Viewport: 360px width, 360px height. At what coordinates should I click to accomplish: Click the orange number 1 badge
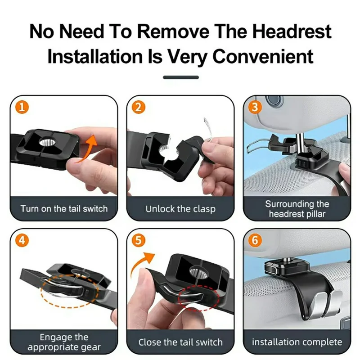22,107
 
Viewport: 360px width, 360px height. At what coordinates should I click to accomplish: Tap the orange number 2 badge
139,107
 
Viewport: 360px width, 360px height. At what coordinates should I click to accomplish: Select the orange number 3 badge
255,107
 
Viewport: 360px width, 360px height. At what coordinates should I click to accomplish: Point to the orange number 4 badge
22,240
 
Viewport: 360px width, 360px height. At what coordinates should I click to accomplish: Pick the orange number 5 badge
139,240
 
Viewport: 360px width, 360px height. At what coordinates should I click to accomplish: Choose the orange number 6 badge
255,240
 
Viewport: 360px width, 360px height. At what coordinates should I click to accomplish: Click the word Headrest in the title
292,31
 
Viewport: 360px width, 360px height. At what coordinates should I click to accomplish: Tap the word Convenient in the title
263,57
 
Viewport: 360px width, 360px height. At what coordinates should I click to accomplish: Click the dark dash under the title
181,77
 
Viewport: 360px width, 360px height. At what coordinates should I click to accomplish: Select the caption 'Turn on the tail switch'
64,209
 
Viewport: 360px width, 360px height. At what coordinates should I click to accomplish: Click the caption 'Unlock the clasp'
180,209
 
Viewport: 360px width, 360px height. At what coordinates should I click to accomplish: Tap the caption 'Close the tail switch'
180,342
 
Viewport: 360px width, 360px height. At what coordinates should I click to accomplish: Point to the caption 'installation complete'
297,342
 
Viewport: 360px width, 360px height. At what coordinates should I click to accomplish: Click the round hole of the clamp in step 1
47,142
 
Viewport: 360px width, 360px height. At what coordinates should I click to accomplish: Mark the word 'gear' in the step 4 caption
92,347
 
